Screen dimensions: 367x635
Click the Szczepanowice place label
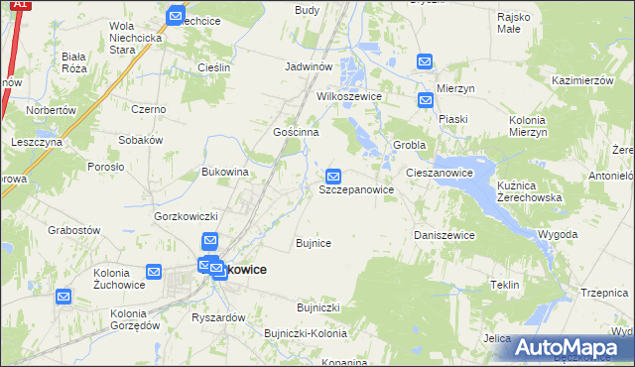(x=357, y=188)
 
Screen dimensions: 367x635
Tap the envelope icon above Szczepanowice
(x=335, y=176)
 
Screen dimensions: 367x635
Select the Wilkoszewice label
(x=348, y=98)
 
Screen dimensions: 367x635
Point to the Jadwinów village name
(x=307, y=65)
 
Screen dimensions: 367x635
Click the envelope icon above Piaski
(x=426, y=100)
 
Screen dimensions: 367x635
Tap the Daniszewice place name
(x=444, y=235)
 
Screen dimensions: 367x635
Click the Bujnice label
(x=314, y=242)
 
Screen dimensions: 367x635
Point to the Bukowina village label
(x=224, y=172)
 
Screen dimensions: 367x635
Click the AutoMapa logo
(x=571, y=347)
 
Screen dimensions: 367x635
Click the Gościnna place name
(x=296, y=131)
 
